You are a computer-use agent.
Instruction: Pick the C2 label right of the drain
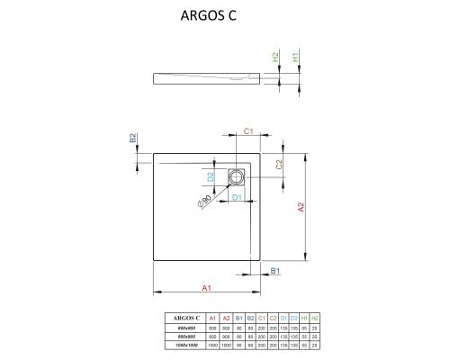(280, 165)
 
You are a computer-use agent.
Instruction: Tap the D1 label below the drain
(236, 196)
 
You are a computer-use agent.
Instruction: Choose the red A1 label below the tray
(206, 287)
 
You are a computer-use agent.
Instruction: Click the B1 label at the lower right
(276, 270)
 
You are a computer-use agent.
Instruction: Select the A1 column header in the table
(212, 318)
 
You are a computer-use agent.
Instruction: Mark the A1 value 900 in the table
(212, 336)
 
